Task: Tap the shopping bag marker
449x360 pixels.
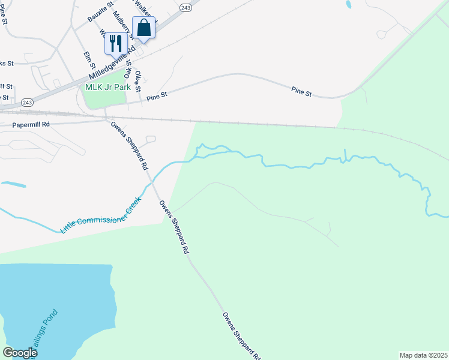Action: tap(143, 28)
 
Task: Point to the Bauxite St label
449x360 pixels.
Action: tap(100, 11)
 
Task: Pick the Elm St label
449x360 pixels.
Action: tap(88, 61)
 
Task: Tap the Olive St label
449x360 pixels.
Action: tap(139, 80)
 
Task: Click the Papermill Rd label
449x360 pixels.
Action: tap(31, 125)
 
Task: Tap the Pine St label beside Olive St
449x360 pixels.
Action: tap(156, 95)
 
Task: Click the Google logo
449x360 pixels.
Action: tap(20, 353)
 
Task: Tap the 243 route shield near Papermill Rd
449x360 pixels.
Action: tap(26, 103)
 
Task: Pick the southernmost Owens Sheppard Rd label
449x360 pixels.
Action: tap(241, 335)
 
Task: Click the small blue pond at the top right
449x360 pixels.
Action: tap(348, 5)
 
